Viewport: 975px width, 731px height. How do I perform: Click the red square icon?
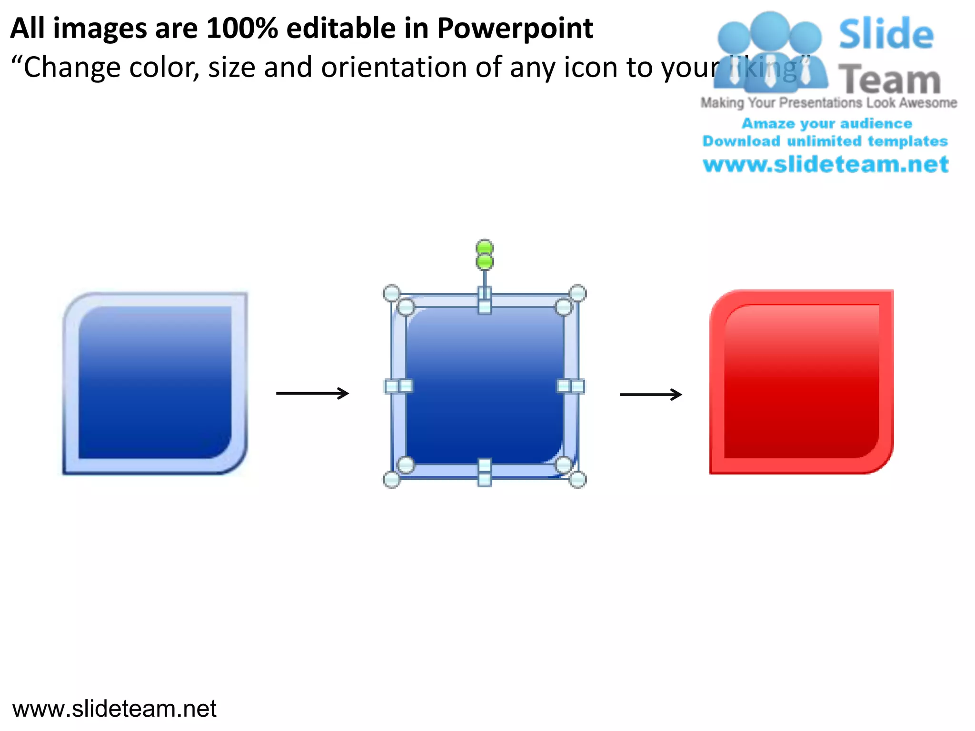801,382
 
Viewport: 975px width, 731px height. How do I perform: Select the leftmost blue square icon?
155,383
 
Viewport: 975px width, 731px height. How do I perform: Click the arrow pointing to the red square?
651,394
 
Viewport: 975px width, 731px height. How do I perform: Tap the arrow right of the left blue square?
312,393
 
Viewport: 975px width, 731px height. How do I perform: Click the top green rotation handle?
485,247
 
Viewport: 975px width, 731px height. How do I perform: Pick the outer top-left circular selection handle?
391,293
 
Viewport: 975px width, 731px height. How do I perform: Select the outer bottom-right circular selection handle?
577,480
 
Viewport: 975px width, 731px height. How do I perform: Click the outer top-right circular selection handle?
577,293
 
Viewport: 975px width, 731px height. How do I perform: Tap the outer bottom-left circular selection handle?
391,480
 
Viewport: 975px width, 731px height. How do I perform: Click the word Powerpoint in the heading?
515,29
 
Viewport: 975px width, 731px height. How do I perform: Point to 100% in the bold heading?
242,29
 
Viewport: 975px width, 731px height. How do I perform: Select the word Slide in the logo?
886,34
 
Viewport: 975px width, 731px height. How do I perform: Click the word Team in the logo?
889,80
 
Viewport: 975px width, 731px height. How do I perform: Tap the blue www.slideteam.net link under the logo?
826,165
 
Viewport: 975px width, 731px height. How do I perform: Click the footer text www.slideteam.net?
114,709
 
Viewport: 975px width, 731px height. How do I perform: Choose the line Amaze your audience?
826,124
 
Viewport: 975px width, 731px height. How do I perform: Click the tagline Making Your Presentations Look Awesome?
828,103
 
